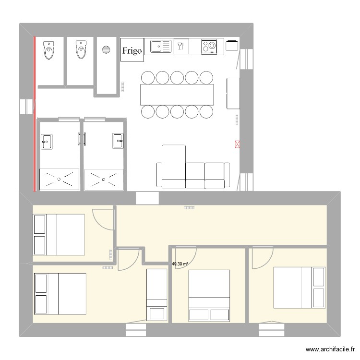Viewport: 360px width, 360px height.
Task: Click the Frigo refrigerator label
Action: coord(132,50)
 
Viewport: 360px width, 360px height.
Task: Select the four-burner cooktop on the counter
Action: coord(209,47)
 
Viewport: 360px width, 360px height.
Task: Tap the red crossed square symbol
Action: coord(237,143)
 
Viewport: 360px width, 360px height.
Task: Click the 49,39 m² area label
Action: coord(180,264)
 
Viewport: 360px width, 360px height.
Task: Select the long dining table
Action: coord(177,95)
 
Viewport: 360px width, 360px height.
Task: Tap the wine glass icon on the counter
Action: coord(181,47)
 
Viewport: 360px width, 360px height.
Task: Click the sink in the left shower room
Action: coord(47,141)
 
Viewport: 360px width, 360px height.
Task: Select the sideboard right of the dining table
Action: coord(233,93)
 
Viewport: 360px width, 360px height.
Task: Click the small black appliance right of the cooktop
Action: coord(232,46)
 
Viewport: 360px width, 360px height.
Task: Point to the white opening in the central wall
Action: coord(147,197)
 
